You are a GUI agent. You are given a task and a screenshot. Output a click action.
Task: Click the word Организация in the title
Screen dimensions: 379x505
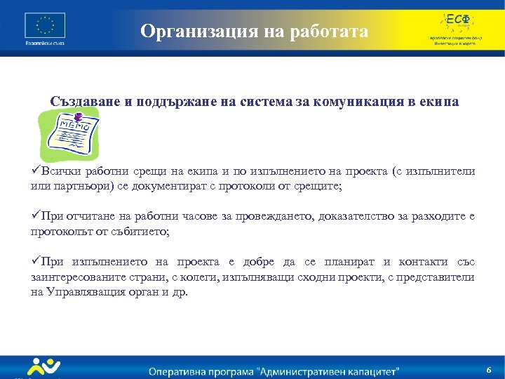[x=190, y=32]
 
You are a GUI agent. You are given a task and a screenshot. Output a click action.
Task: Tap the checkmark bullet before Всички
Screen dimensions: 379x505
[x=36, y=171]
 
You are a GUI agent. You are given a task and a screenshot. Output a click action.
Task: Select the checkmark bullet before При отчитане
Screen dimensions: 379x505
[x=36, y=217]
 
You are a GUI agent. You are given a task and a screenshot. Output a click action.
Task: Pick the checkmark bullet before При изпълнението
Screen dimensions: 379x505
[x=36, y=262]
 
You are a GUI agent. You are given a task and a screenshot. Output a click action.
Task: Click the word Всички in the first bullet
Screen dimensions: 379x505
[x=60, y=171]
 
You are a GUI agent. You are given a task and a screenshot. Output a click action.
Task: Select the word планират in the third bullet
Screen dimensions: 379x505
[x=350, y=262]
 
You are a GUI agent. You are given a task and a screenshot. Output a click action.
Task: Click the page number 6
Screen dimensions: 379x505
[x=488, y=369]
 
